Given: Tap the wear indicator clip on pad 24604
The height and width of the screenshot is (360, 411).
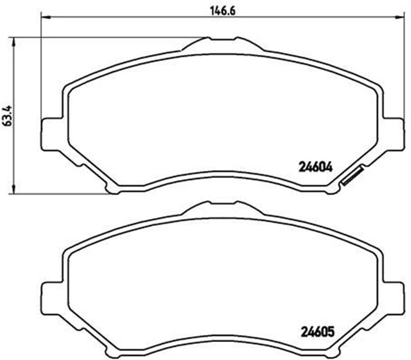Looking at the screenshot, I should tap(353, 175).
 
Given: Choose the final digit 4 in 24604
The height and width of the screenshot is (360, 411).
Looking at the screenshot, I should tap(331, 166).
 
